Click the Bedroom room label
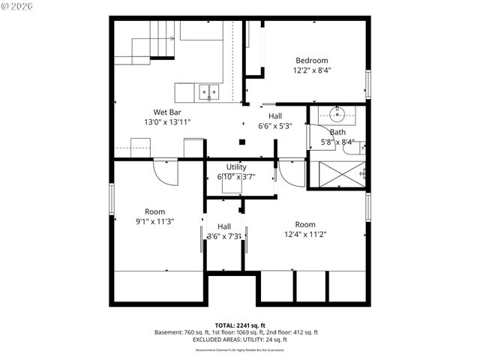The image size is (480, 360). click(311, 60)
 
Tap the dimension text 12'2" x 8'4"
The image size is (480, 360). click(311, 70)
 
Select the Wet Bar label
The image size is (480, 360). click(168, 112)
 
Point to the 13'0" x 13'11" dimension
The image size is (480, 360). click(168, 121)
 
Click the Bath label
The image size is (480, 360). click(337, 132)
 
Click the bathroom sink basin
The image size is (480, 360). click(335, 115)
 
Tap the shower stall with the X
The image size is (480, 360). click(338, 175)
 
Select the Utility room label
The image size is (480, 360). click(236, 167)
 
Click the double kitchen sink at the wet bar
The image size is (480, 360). click(208, 92)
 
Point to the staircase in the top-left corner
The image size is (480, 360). click(154, 41)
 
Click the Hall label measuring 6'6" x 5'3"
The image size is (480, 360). click(275, 116)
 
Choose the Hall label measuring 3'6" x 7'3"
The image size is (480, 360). click(224, 226)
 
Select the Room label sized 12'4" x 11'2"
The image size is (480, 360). click(305, 224)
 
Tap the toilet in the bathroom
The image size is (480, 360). click(352, 147)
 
